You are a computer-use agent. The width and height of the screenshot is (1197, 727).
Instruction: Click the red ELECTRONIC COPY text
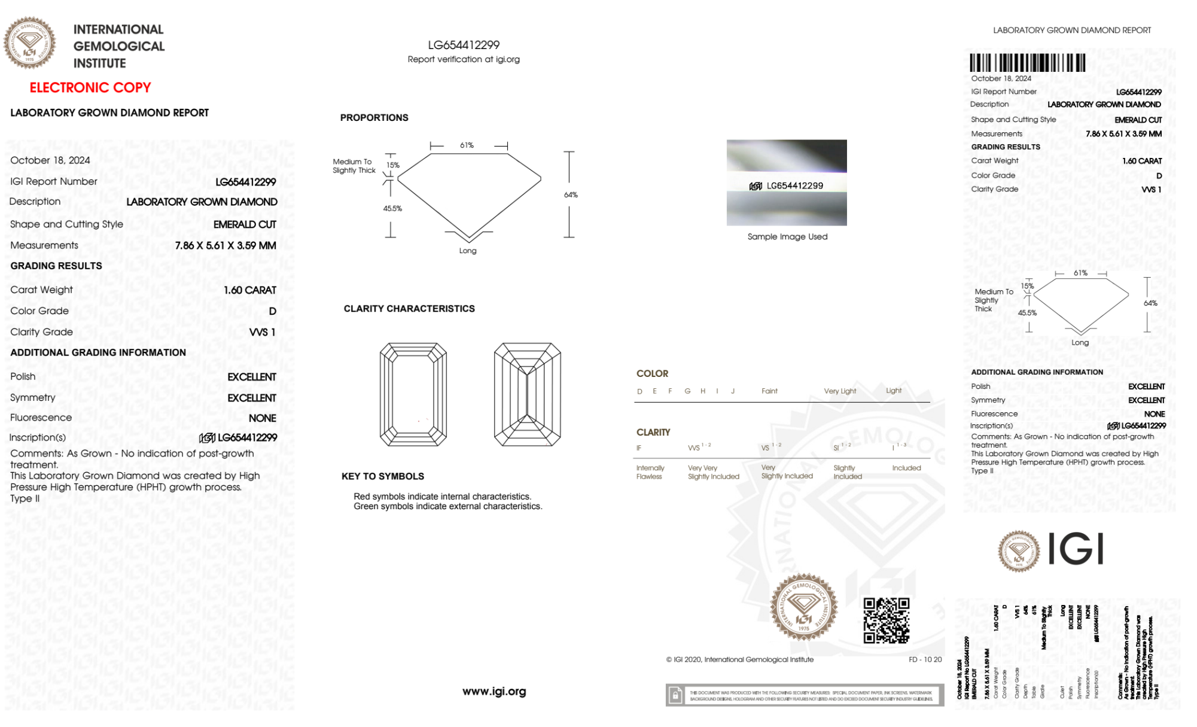click(90, 88)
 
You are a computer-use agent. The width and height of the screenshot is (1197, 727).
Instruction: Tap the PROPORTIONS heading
click(374, 118)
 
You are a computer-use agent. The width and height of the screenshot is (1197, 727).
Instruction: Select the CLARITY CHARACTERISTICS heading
click(409, 309)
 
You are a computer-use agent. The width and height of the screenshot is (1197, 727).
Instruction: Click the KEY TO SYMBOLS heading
click(383, 476)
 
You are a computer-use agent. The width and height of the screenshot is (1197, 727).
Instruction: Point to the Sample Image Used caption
click(787, 237)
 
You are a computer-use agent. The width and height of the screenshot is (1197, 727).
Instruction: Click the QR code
click(886, 620)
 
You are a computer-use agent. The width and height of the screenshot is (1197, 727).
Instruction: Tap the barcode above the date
click(1027, 63)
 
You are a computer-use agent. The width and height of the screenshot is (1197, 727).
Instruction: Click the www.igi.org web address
click(494, 692)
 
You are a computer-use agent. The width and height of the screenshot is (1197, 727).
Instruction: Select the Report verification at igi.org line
click(464, 59)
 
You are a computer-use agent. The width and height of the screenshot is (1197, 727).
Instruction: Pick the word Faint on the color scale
click(769, 391)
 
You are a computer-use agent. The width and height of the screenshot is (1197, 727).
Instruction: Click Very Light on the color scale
click(840, 391)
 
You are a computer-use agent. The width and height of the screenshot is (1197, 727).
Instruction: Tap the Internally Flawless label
click(650, 472)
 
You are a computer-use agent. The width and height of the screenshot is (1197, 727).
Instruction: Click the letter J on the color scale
click(733, 391)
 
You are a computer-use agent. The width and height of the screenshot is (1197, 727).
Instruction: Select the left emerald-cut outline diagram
click(413, 394)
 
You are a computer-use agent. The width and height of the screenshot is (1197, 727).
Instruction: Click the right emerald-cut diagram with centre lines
click(527, 394)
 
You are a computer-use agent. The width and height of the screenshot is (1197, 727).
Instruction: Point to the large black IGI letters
click(1076, 549)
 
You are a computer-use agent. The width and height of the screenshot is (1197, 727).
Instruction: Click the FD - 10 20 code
click(925, 659)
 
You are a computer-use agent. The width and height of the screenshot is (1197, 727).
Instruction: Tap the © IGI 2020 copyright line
click(740, 659)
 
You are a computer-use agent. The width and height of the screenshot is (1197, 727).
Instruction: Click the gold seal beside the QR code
click(803, 607)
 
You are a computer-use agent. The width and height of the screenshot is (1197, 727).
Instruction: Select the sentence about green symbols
click(447, 507)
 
